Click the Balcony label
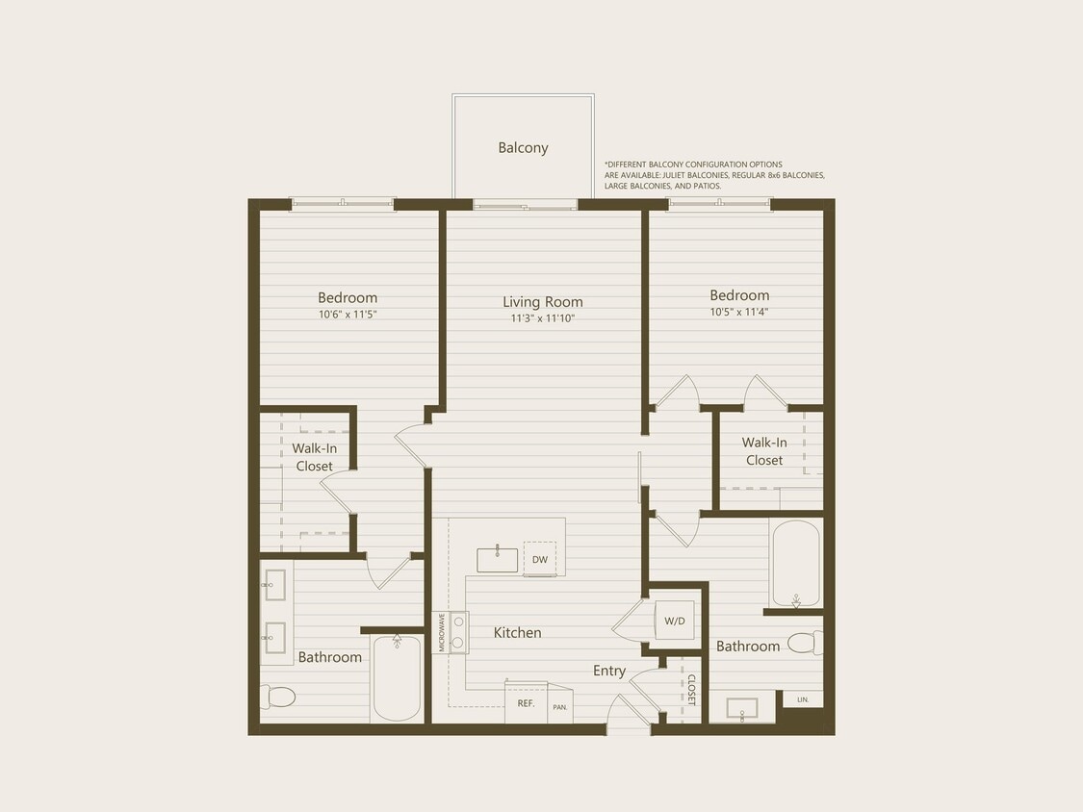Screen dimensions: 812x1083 click(x=523, y=147)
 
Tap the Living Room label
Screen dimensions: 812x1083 click(x=543, y=301)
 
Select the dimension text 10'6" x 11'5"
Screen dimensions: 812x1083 click(x=348, y=314)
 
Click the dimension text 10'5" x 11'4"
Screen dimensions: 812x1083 click(x=738, y=312)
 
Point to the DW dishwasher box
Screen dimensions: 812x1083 click(x=540, y=559)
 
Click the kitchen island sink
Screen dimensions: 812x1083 click(x=497, y=559)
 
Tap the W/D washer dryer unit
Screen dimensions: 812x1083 click(x=675, y=621)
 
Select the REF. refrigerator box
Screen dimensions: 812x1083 click(x=526, y=703)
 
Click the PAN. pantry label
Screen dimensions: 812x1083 click(x=560, y=707)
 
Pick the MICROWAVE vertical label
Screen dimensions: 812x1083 click(x=443, y=632)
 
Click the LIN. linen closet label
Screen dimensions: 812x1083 click(x=803, y=699)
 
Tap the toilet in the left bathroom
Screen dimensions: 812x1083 click(x=278, y=696)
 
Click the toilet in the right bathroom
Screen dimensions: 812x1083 click(x=805, y=643)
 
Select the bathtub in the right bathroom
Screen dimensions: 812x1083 click(x=795, y=564)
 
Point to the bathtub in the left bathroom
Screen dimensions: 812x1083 click(x=397, y=677)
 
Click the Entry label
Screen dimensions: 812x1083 click(x=608, y=671)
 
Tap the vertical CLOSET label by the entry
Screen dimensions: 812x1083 click(x=690, y=689)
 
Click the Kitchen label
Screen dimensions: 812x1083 click(x=518, y=632)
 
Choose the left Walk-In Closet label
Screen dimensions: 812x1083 click(x=314, y=457)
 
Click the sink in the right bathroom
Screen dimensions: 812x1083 click(x=742, y=710)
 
